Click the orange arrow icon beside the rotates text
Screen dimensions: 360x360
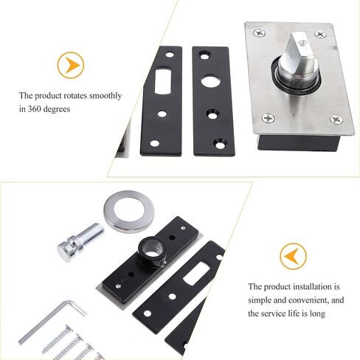(70, 65)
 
